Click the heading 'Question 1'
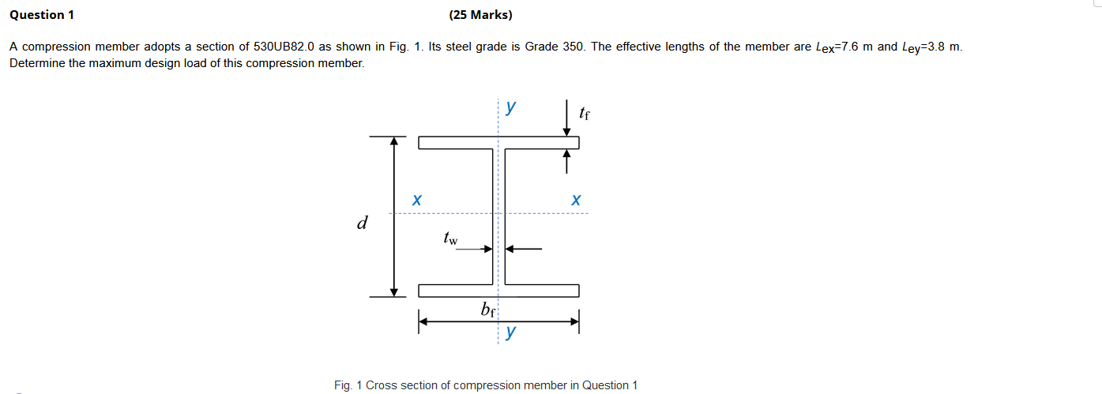(x=36, y=15)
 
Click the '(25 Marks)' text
(x=480, y=15)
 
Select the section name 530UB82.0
(x=284, y=47)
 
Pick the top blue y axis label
(x=511, y=106)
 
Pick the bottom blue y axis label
(x=511, y=332)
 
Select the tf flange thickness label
(x=584, y=114)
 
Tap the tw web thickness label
(x=450, y=237)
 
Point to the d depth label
(x=363, y=223)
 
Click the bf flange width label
(x=488, y=309)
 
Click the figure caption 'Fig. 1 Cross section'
(x=485, y=385)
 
